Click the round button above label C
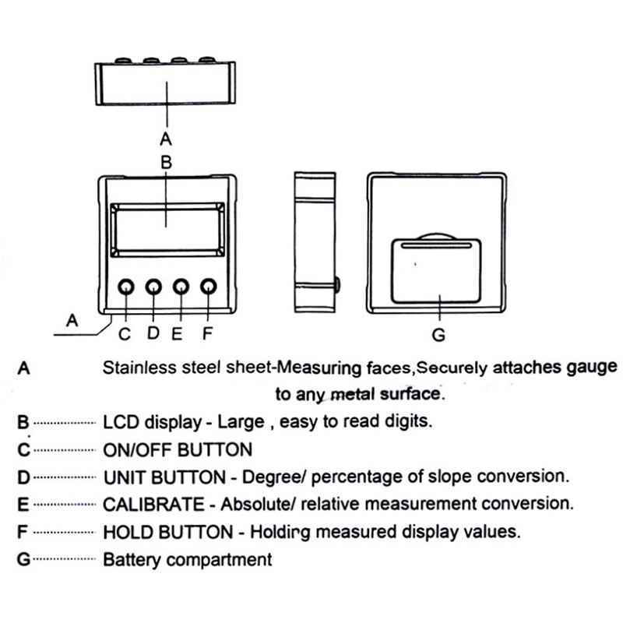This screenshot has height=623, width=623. (x=126, y=288)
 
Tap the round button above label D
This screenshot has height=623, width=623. (x=153, y=288)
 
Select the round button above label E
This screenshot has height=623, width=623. (x=181, y=288)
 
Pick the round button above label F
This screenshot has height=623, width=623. (x=208, y=288)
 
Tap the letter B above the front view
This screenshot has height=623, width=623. (x=165, y=164)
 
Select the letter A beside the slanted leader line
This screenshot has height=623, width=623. (x=72, y=319)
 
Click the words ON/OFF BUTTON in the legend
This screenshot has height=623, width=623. (x=178, y=449)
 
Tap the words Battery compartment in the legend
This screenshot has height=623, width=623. (x=188, y=559)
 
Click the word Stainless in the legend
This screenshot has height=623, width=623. (x=138, y=368)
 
